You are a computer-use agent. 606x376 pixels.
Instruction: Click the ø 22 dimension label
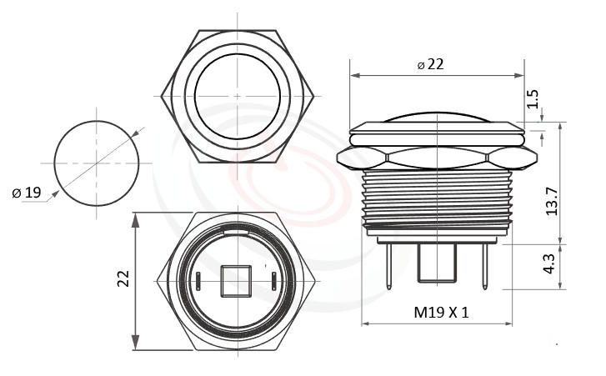coord(430,64)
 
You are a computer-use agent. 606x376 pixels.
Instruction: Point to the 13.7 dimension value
coord(551,201)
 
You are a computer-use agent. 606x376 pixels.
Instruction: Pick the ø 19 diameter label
coord(27,193)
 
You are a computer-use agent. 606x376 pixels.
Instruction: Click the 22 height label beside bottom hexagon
coord(123,278)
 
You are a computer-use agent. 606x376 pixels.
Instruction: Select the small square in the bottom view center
coord(237,281)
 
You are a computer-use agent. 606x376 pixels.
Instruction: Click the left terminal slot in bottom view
coord(199,281)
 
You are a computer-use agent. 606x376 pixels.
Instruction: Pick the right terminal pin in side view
coord(483,264)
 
